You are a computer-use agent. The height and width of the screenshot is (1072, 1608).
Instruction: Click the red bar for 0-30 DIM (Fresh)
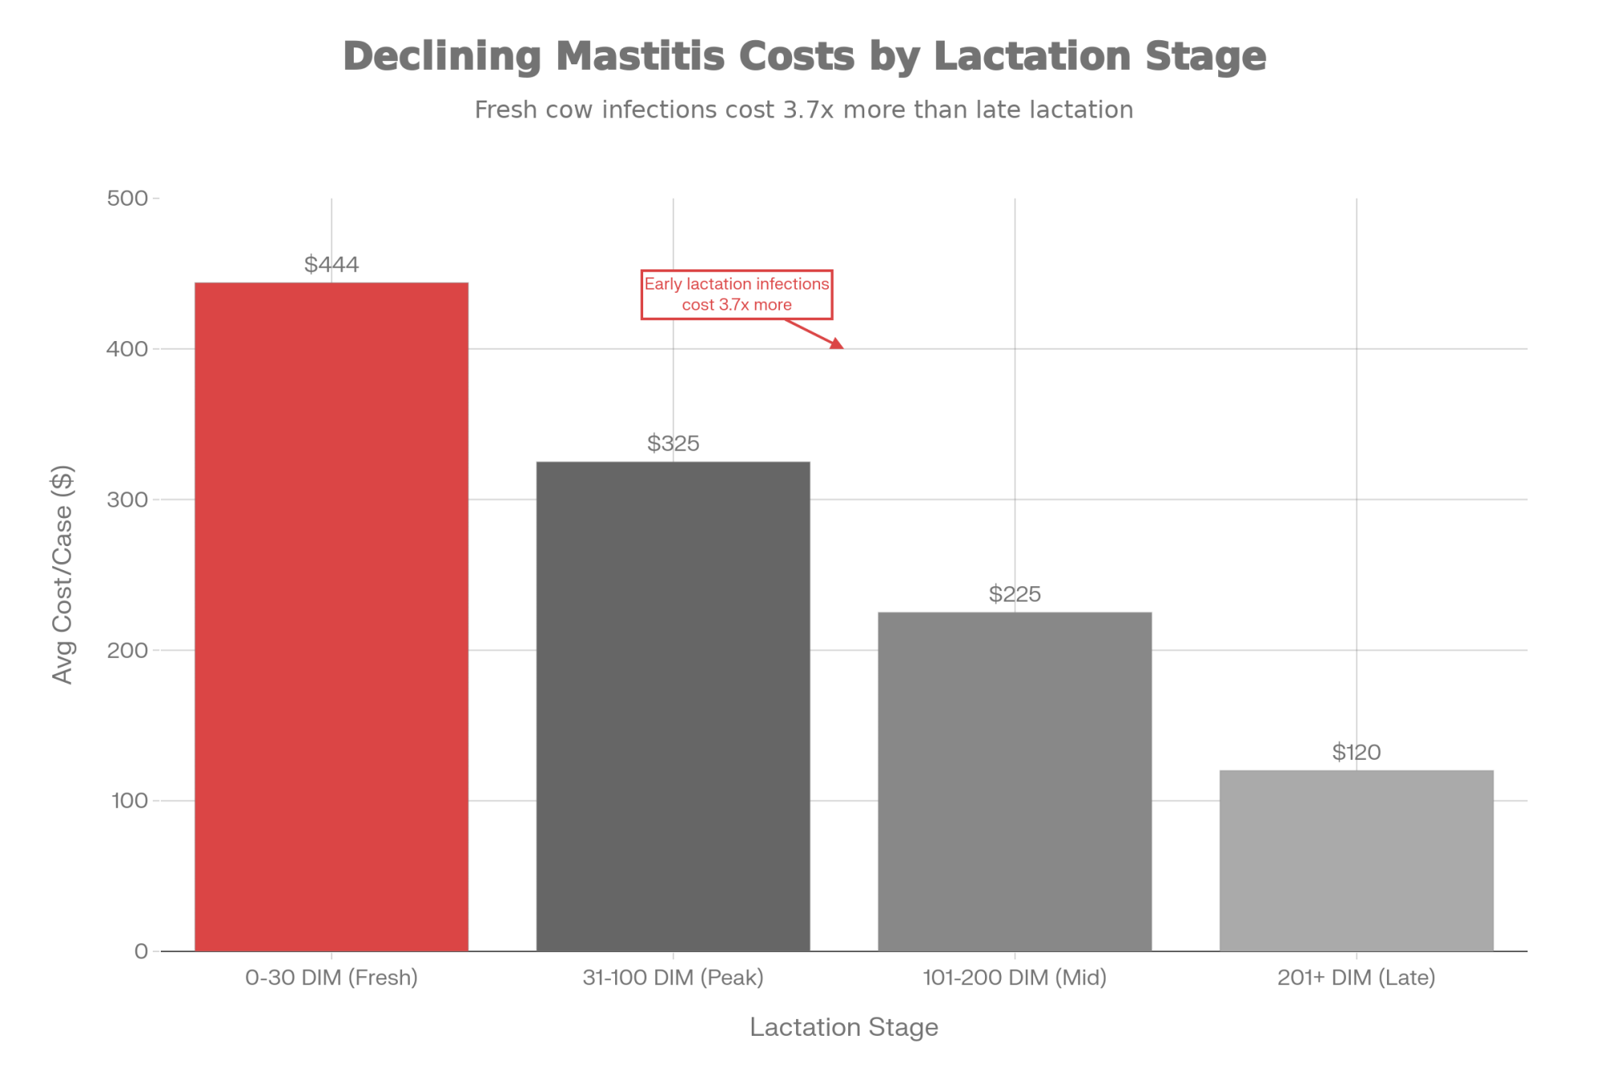(331, 616)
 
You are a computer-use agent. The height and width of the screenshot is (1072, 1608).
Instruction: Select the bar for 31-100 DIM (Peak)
(673, 705)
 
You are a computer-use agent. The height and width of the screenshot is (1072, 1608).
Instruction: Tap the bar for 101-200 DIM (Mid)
(1015, 781)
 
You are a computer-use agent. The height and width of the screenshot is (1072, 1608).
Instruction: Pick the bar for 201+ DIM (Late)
(1356, 860)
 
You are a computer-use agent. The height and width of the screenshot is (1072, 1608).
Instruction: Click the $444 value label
(331, 265)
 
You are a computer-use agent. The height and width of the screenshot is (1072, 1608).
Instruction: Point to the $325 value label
(673, 443)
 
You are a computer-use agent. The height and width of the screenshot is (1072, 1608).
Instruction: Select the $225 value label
(1015, 594)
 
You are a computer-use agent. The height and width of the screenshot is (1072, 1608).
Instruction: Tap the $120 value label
(1356, 753)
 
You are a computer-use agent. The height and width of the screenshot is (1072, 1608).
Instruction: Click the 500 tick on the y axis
(128, 198)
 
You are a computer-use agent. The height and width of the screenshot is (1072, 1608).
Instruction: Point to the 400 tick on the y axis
(128, 349)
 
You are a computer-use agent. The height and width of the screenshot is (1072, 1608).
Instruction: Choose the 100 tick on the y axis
(128, 801)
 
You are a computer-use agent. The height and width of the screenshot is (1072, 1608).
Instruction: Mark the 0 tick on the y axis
(142, 951)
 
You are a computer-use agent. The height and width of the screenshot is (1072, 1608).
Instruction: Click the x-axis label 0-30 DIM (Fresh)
(331, 978)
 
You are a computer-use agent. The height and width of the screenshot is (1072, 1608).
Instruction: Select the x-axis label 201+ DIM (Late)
(1356, 978)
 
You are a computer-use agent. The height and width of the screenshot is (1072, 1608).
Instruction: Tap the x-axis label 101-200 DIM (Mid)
(1015, 978)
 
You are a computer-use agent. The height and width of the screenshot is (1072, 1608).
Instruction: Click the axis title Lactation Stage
(843, 1028)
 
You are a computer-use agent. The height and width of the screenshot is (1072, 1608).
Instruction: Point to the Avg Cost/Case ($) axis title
(63, 574)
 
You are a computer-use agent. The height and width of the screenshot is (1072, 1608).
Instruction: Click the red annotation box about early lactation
(736, 294)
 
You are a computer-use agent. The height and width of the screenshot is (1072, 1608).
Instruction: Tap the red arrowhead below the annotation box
(839, 345)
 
